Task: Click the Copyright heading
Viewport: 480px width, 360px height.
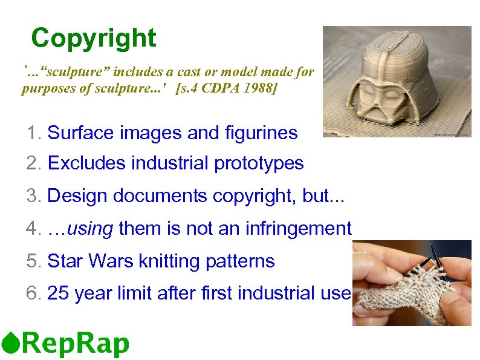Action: tap(94, 38)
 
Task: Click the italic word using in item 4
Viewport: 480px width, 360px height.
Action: tap(91, 229)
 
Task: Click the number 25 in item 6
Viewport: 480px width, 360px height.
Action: tap(58, 294)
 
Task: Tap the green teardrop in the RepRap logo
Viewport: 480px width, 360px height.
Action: tap(10, 343)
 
